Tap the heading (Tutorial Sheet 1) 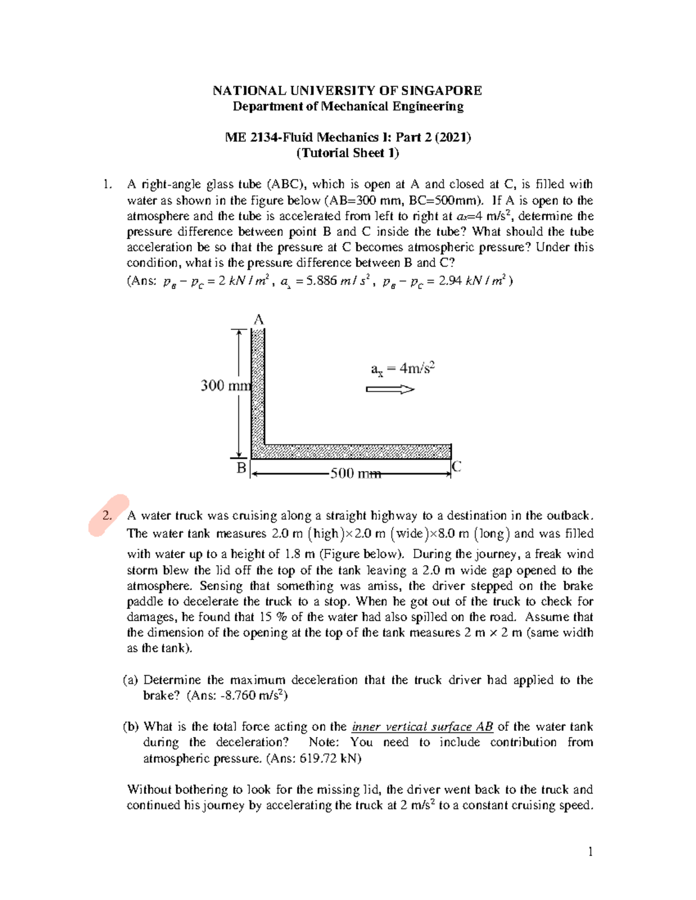pos(347,153)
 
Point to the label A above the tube pos(259,320)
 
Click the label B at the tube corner pos(241,467)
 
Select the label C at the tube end pos(456,466)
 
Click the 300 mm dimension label pos(225,385)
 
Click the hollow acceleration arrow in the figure pos(390,389)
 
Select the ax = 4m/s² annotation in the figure pos(403,369)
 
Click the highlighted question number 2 pos(107,516)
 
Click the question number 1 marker pos(106,185)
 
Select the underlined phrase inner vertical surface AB pos(422,727)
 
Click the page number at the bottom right pos(590,851)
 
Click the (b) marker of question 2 pos(130,727)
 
